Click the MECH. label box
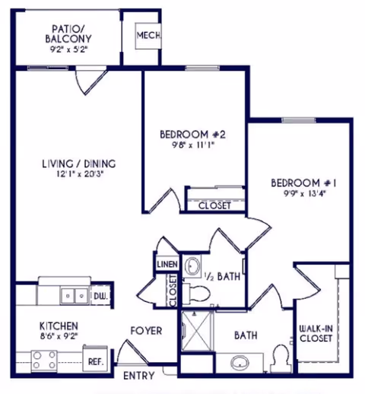[x=148, y=36]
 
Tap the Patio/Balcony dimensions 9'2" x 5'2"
[x=68, y=49]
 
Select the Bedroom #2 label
[x=192, y=135]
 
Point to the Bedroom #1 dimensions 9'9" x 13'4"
[x=305, y=194]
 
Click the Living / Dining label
[x=79, y=164]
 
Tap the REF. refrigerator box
[x=95, y=359]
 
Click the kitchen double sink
[x=75, y=296]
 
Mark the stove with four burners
[x=44, y=360]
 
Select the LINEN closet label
[x=167, y=265]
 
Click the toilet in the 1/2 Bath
[x=196, y=294]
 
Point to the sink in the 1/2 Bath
[x=192, y=265]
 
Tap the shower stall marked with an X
[x=196, y=331]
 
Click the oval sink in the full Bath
[x=240, y=363]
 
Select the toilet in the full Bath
[x=280, y=358]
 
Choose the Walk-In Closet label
[x=316, y=333]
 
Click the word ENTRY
[x=139, y=376]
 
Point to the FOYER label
[x=146, y=331]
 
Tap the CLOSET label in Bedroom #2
[x=214, y=205]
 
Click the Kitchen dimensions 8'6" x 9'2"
[x=59, y=336]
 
